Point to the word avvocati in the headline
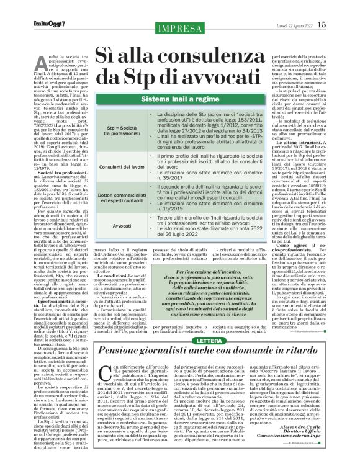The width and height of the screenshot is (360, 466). tap(205, 76)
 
